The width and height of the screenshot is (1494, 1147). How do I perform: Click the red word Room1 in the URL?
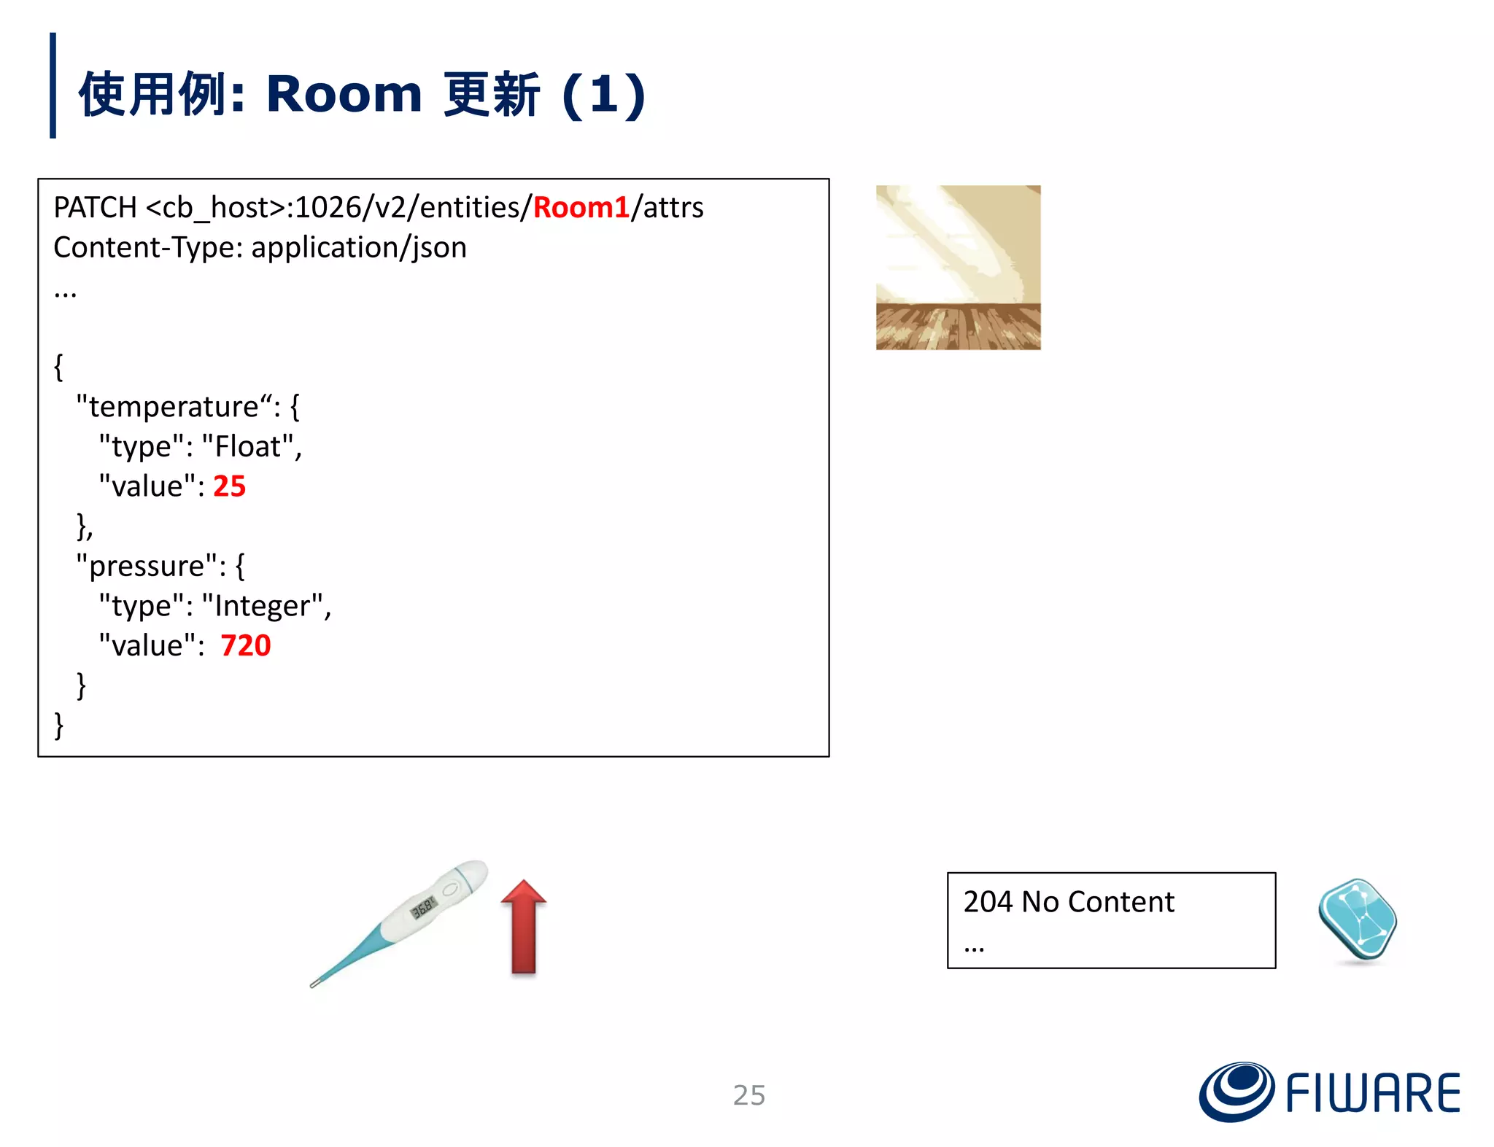(x=581, y=208)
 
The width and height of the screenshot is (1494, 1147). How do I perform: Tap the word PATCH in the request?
(x=95, y=208)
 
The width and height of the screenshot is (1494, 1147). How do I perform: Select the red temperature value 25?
(x=229, y=486)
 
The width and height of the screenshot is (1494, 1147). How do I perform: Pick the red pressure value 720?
(x=245, y=645)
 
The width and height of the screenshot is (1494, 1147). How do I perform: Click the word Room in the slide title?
(x=344, y=94)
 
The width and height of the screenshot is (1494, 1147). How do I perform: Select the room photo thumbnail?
(x=958, y=268)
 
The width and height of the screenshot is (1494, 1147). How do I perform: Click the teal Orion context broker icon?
(x=1357, y=919)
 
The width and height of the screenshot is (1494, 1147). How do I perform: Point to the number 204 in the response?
(x=988, y=902)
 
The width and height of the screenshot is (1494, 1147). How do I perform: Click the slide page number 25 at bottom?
(x=748, y=1095)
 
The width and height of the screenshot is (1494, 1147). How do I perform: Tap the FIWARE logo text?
(x=1372, y=1093)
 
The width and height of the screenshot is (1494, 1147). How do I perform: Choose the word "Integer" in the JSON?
(x=262, y=606)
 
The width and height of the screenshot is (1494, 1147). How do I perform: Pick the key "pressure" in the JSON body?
(x=147, y=566)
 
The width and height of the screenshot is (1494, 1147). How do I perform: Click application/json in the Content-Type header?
(x=358, y=248)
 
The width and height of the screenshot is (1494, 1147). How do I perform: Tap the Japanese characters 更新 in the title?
(x=491, y=94)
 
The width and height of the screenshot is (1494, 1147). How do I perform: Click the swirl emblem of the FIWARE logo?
(x=1236, y=1091)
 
